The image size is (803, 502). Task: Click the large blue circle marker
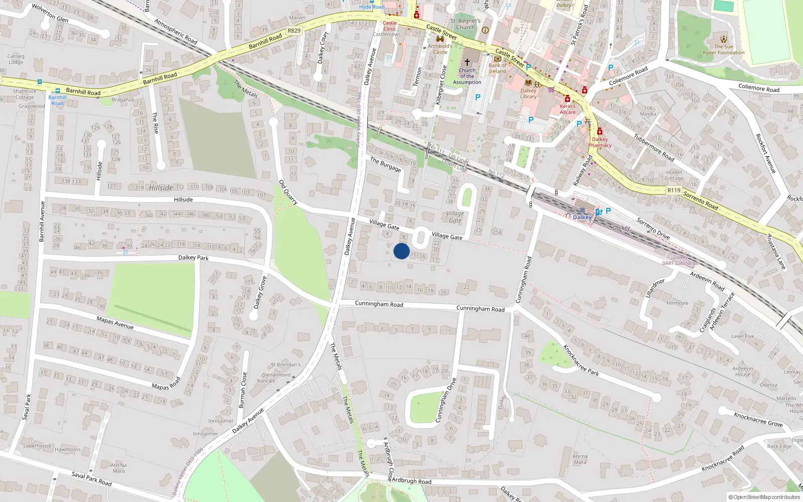click(x=401, y=251)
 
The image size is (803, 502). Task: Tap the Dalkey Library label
click(x=528, y=93)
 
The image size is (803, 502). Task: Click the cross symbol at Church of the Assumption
click(x=467, y=62)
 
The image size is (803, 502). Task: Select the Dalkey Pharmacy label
click(x=600, y=142)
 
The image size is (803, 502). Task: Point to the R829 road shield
click(x=294, y=31)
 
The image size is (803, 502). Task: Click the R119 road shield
click(x=674, y=190)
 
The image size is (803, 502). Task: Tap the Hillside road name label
click(x=183, y=199)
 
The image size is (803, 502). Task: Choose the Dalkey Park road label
click(x=193, y=258)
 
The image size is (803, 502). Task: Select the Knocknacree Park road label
click(x=581, y=360)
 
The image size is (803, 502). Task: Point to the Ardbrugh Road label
click(x=411, y=481)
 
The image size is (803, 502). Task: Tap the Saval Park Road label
click(x=91, y=478)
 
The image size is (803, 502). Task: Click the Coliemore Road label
click(x=628, y=76)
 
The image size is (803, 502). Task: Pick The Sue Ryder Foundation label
click(x=724, y=50)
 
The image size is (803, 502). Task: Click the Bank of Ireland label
click(x=498, y=68)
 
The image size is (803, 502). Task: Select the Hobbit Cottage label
click(x=675, y=175)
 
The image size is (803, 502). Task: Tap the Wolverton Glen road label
click(x=50, y=13)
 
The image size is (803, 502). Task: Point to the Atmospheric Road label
click(x=176, y=31)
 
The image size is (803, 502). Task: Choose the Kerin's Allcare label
click(x=568, y=109)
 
